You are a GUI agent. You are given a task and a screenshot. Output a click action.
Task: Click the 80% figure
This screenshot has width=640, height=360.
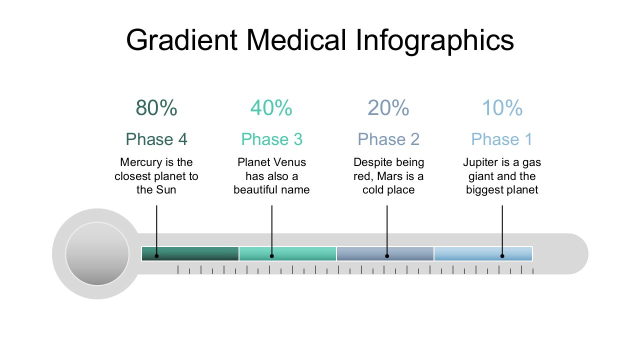pyautogui.click(x=156, y=108)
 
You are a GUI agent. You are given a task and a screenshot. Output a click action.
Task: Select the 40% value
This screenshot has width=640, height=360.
pyautogui.click(x=271, y=108)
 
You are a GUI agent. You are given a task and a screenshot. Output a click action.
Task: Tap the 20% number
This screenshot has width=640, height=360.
pyautogui.click(x=388, y=108)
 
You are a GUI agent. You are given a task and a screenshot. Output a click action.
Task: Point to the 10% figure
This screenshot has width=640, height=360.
pyautogui.click(x=502, y=108)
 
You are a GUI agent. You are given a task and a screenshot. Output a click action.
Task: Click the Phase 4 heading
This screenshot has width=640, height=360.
pyautogui.click(x=156, y=139)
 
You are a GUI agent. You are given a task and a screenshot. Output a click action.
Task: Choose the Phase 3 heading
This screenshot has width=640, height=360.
pyautogui.click(x=271, y=139)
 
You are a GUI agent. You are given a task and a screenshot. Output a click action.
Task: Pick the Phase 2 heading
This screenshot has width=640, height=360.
pyautogui.click(x=388, y=139)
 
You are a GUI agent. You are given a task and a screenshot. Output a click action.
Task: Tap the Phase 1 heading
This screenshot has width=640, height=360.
pyautogui.click(x=501, y=139)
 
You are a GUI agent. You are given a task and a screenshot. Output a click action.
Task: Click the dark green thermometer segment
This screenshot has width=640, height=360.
pyautogui.click(x=190, y=253)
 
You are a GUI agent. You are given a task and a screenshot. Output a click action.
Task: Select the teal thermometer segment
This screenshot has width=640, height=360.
pyautogui.click(x=287, y=253)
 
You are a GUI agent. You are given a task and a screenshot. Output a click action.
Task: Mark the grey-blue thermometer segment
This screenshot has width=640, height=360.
pyautogui.click(x=385, y=253)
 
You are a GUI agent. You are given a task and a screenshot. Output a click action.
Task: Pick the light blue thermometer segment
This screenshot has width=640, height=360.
pyautogui.click(x=483, y=253)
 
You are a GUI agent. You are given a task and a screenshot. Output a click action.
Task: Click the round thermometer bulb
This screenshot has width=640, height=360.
pyautogui.click(x=97, y=253)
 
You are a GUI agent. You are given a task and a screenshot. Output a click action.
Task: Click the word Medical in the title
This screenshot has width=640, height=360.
pyautogui.click(x=296, y=40)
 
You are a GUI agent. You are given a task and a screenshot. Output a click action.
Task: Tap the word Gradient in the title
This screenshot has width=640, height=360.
pyautogui.click(x=181, y=40)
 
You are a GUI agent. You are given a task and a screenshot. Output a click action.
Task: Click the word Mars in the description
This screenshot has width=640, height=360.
pyautogui.click(x=389, y=176)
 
